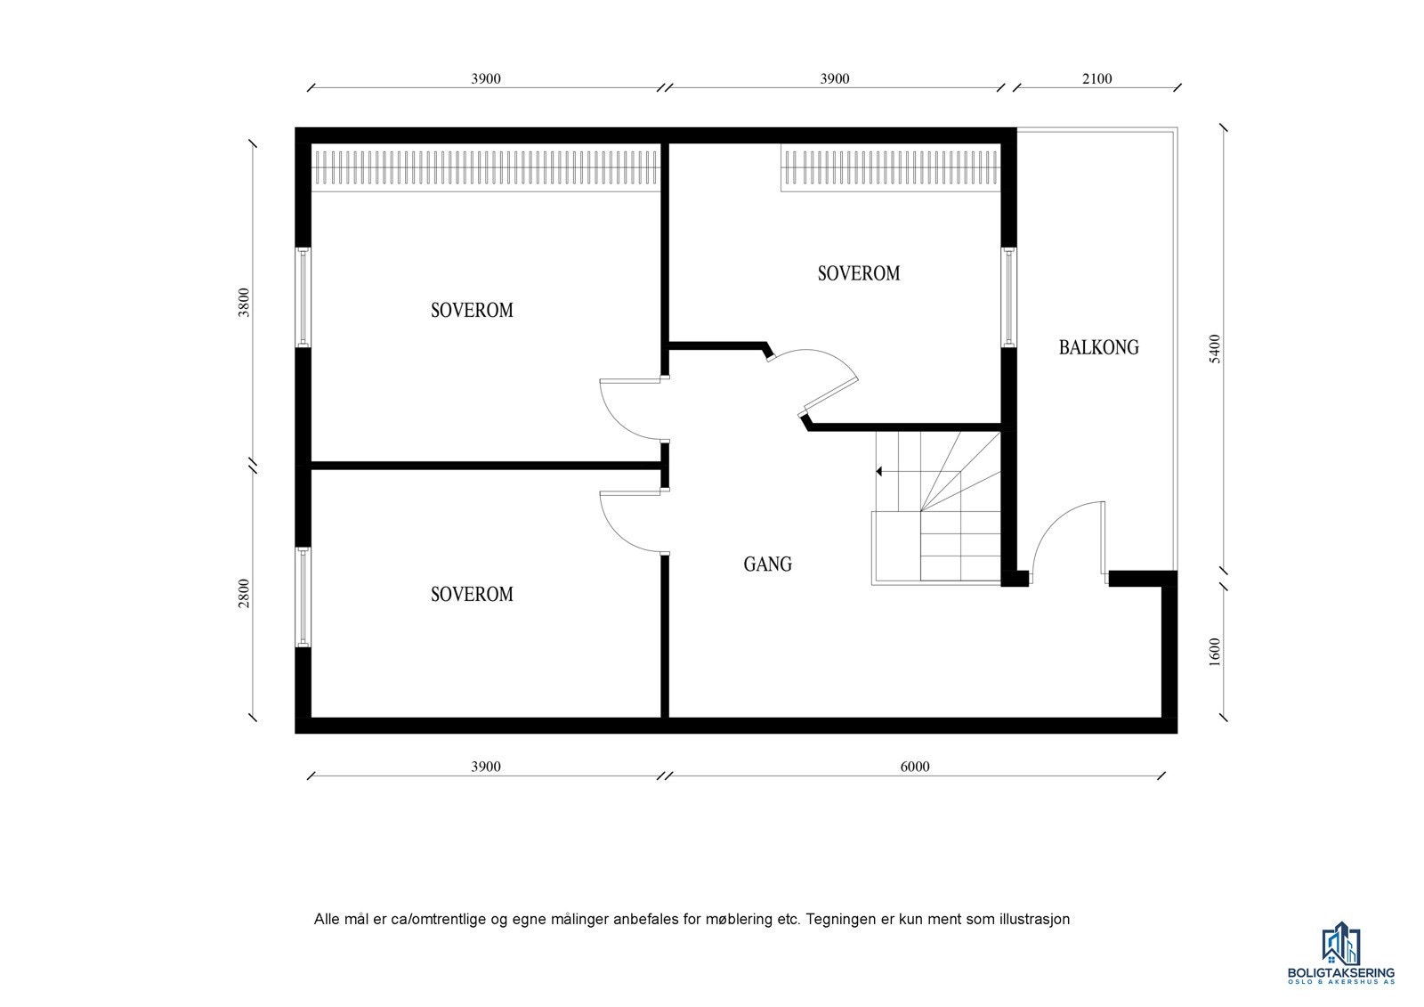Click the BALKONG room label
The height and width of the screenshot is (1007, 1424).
click(x=1098, y=347)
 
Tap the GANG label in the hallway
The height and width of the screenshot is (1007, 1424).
click(x=767, y=564)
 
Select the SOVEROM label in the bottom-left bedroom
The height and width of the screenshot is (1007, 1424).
click(x=472, y=594)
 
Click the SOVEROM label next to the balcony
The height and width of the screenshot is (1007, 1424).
click(x=858, y=273)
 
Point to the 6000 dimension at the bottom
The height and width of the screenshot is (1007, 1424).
click(x=914, y=767)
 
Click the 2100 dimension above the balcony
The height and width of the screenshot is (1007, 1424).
click(x=1096, y=78)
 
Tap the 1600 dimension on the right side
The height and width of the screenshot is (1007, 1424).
click(x=1215, y=652)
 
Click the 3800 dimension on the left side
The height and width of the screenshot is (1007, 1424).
click(x=244, y=304)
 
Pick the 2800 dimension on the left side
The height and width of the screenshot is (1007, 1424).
click(x=244, y=593)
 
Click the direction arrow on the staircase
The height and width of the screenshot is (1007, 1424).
click(x=880, y=471)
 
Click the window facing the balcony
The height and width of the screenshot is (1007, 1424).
click(x=1009, y=296)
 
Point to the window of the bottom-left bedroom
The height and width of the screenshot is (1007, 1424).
click(x=303, y=597)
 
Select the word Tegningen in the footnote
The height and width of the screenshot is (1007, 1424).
click(x=841, y=919)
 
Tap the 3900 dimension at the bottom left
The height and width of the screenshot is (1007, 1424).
click(x=485, y=767)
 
